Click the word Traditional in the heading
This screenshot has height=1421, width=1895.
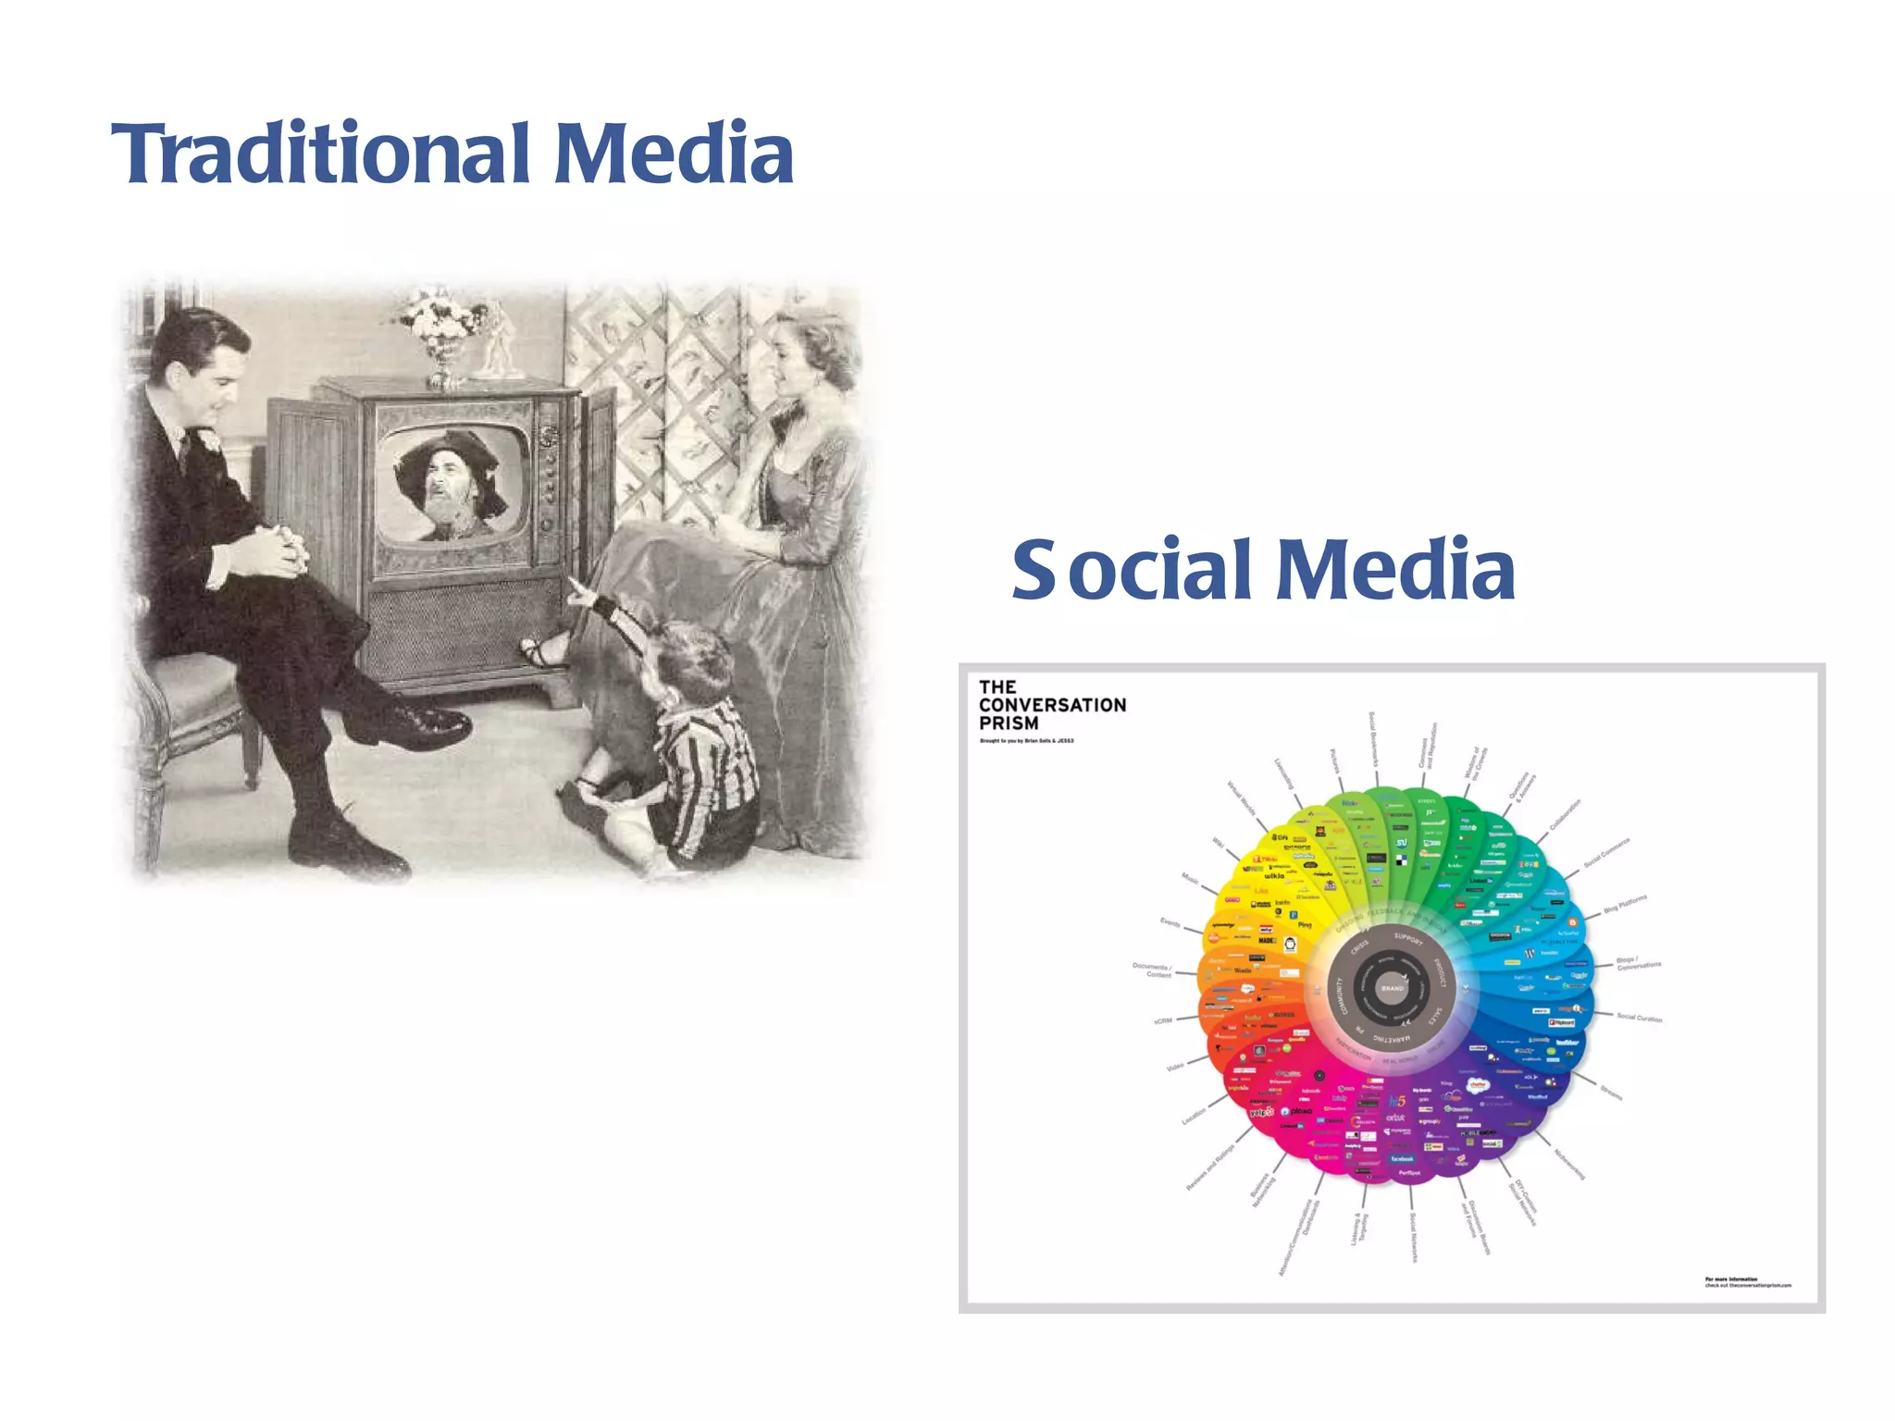(x=319, y=154)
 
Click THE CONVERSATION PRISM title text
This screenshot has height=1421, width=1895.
(x=1051, y=705)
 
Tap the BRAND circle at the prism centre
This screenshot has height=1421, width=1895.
(x=1392, y=988)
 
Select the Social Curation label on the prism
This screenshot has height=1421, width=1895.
(x=1639, y=1018)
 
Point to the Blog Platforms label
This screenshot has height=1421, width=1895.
(x=1625, y=904)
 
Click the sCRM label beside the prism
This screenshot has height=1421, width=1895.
(x=1163, y=1021)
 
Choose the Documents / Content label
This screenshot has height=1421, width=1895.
(x=1152, y=970)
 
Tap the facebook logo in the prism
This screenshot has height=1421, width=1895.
(x=1402, y=1158)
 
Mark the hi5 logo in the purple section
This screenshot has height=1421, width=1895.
(x=1396, y=1101)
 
